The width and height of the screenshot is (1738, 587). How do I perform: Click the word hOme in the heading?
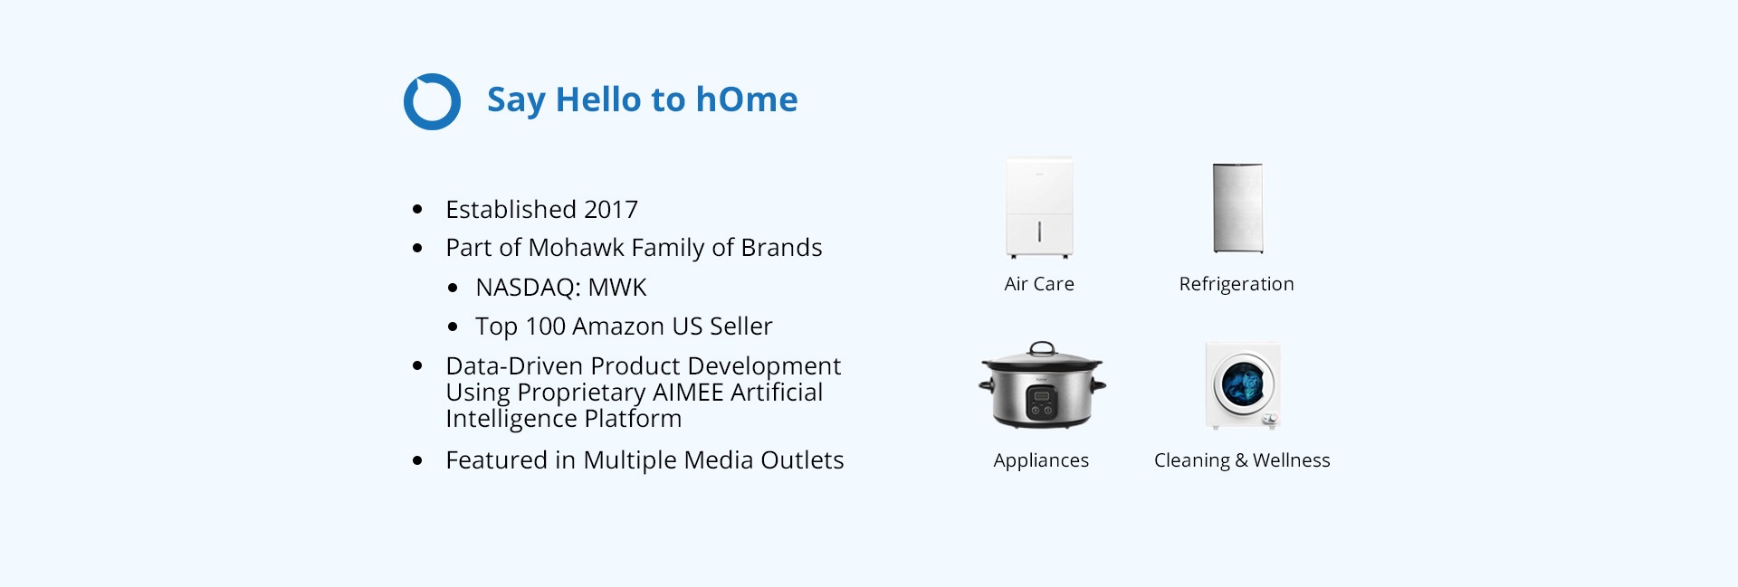(x=747, y=99)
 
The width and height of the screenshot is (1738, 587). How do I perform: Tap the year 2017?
(x=611, y=210)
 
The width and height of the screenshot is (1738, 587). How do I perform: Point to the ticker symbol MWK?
(x=617, y=288)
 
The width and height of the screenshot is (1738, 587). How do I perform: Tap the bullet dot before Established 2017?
(x=417, y=210)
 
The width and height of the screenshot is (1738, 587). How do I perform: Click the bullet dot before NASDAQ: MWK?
(x=453, y=289)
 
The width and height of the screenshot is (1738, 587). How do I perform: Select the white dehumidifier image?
(x=1039, y=208)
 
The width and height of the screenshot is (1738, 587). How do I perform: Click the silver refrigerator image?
(x=1237, y=208)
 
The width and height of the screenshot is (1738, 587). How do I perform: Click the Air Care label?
(x=1039, y=284)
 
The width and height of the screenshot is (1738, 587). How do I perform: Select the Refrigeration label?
(x=1237, y=285)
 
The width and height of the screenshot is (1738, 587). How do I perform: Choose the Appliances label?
(x=1041, y=461)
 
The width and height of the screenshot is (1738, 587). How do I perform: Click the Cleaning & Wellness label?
(x=1242, y=461)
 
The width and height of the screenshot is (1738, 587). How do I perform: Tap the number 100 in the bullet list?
(x=545, y=327)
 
